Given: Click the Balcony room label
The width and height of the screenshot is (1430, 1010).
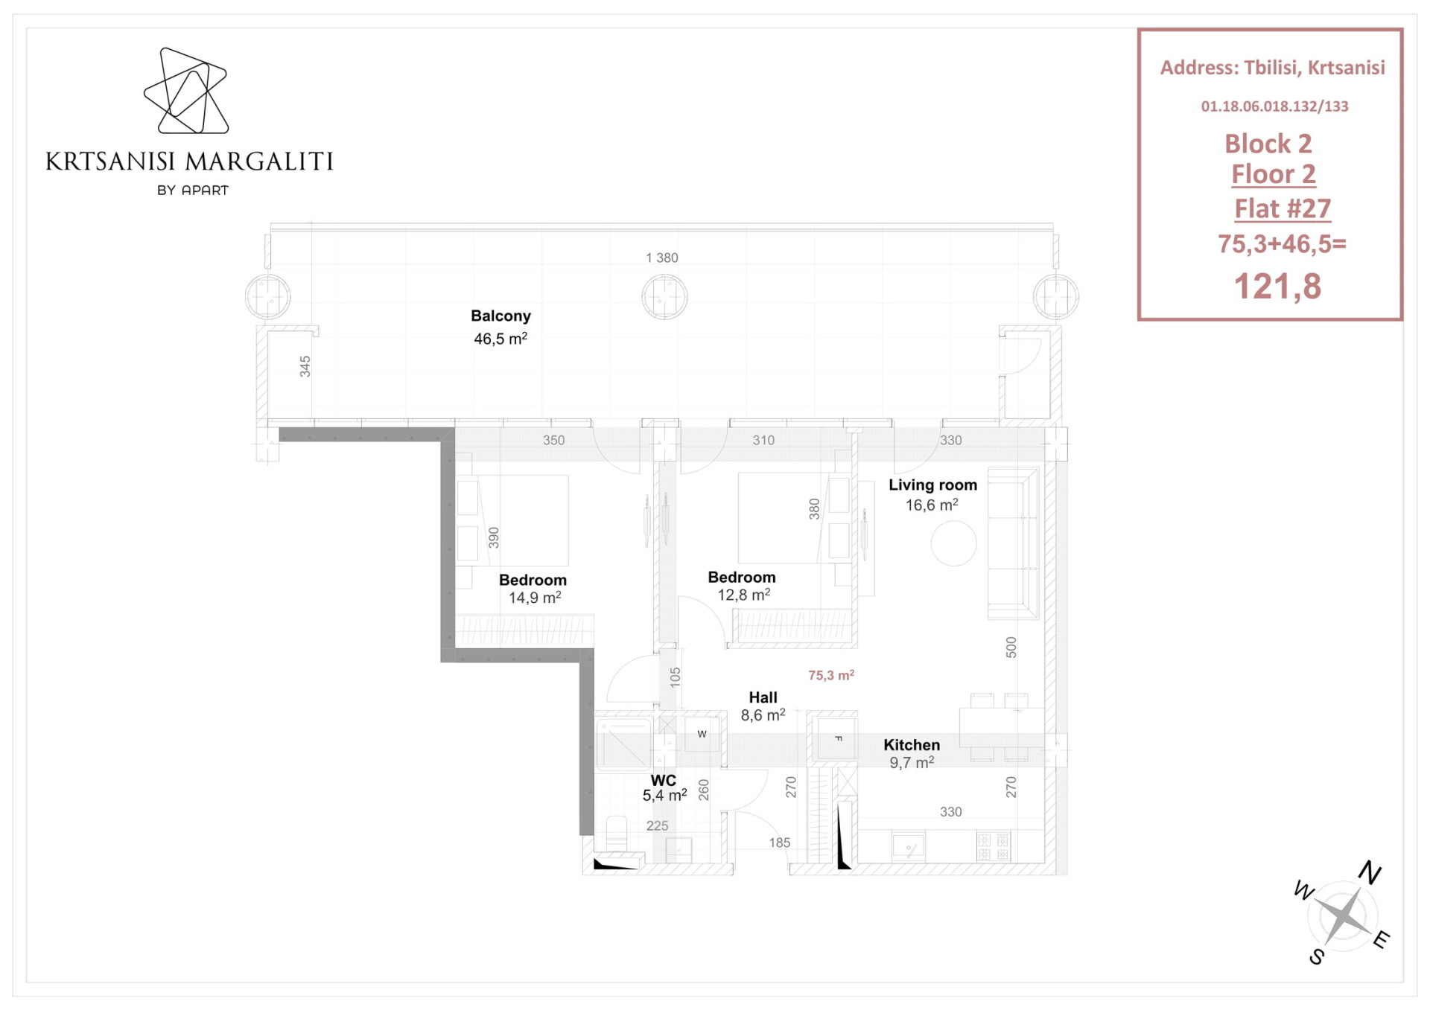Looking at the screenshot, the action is point(500,316).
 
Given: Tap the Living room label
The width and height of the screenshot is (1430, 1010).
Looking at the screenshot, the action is point(932,485).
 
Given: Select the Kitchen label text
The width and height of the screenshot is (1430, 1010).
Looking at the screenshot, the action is point(912,745).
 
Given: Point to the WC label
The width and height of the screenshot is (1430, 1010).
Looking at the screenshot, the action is point(663,780).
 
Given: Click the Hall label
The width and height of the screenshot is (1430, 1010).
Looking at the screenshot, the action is point(763,697).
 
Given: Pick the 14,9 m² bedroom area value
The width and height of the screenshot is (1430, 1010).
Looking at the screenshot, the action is point(535,598).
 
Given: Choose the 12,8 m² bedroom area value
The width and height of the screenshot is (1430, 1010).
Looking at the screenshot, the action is point(743,595).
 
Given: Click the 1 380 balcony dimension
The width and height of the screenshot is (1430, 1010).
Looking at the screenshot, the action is point(661,258).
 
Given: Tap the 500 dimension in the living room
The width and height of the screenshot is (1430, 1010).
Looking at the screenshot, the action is point(1011,647).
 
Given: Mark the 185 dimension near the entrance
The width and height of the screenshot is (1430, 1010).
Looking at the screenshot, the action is point(779,843).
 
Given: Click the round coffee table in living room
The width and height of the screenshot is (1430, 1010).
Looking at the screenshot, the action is point(953,543).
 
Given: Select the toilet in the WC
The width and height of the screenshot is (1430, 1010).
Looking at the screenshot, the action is point(617,834).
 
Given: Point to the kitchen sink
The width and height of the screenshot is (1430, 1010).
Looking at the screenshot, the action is point(909,847).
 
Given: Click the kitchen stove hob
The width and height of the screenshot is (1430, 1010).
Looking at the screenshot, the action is point(994,846).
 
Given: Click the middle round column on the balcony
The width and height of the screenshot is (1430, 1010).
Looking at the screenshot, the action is point(664,297).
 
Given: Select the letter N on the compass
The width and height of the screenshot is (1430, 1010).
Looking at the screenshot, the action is point(1370,872).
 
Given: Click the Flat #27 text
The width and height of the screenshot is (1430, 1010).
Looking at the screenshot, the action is point(1282,208).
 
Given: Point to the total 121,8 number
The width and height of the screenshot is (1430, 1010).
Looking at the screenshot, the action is point(1277,287).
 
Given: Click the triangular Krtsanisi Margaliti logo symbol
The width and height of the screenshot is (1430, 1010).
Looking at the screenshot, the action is point(186,91).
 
